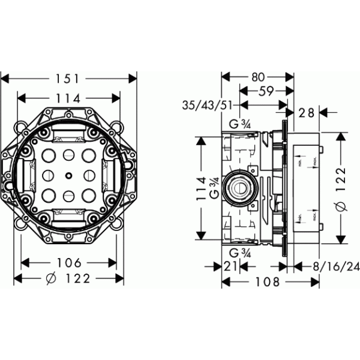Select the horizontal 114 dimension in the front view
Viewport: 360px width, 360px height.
tap(69, 97)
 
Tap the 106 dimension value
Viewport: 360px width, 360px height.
tap(69, 263)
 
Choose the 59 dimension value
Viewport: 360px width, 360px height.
tap(267, 92)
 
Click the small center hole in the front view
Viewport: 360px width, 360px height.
tap(70, 176)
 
